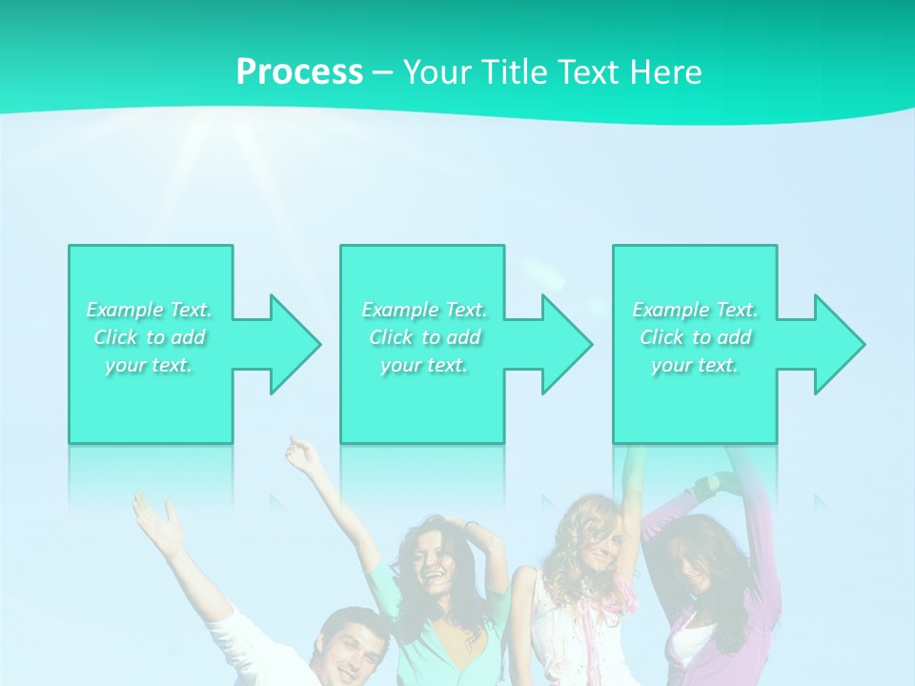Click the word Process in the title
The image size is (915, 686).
[x=299, y=72]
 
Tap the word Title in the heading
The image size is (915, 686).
[x=517, y=72]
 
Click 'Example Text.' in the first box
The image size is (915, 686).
[x=150, y=310]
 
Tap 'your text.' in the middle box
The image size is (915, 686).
[x=424, y=365]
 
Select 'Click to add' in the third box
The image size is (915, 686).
[x=695, y=337]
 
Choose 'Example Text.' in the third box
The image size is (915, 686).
[x=695, y=310]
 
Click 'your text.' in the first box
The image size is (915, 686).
[x=150, y=365]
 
